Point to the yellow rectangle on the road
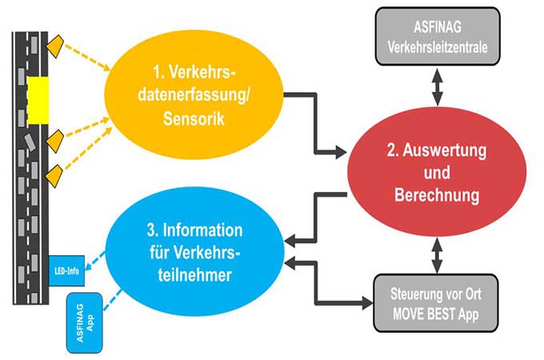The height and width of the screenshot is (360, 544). point(38,97)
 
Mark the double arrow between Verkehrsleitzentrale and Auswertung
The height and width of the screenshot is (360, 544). point(437,85)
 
